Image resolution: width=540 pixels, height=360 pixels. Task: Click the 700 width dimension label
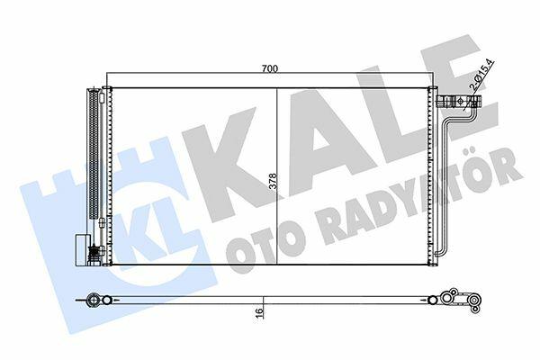point(270,68)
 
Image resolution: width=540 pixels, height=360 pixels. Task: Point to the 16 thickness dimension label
point(259,311)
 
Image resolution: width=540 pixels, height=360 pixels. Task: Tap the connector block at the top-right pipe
point(459,102)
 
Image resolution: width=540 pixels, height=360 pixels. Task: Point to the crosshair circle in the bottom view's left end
point(93,300)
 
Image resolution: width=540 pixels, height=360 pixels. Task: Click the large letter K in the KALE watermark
point(228,162)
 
